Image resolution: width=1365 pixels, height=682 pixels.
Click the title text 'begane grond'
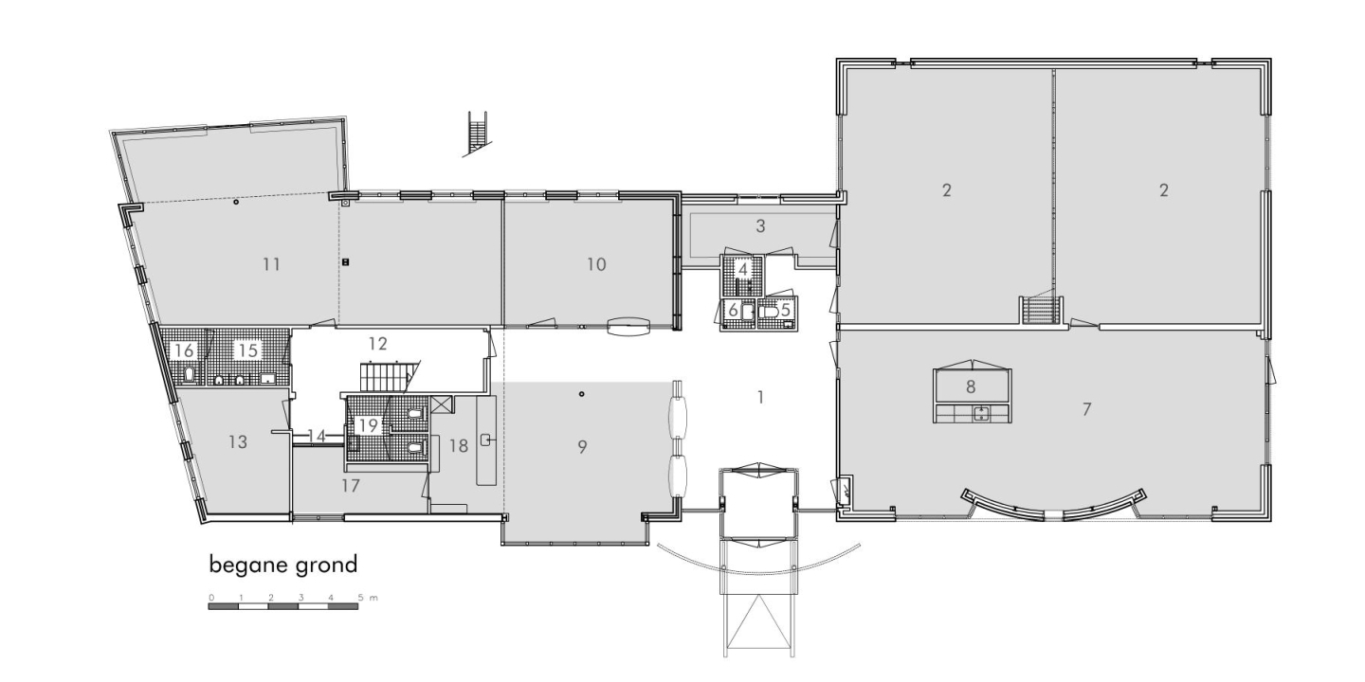283,565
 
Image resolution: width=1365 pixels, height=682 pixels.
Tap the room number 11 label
272,264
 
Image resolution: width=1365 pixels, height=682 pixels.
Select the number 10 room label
596,264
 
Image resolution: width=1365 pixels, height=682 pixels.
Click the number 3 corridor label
760,225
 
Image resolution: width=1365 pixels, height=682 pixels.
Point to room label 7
1086,409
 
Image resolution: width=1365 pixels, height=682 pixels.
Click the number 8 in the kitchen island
971,386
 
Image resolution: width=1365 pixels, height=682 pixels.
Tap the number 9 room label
582,447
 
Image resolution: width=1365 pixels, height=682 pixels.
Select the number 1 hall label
760,398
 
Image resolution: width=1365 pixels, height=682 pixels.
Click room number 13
238,441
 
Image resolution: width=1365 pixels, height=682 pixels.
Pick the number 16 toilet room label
184,350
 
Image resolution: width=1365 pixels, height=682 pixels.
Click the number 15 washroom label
248,350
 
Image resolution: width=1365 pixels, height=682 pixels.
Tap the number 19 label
368,425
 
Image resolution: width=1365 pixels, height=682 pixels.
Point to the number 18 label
458,446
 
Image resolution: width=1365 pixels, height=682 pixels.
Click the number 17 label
351,486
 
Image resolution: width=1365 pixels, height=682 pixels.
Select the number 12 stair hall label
378,344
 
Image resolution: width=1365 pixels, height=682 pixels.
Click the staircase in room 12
385,377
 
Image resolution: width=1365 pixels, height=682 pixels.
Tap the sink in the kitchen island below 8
980,414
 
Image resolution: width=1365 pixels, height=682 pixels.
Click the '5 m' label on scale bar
368,598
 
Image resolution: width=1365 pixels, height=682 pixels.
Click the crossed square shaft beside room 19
441,404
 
